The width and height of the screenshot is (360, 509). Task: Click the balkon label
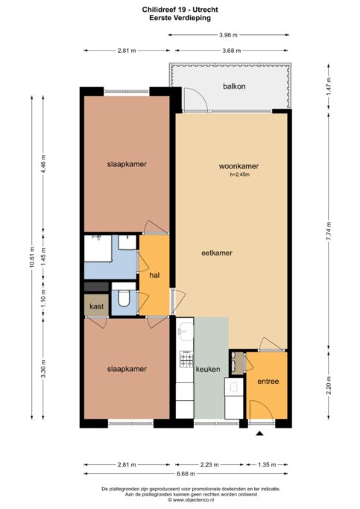[x=234, y=86]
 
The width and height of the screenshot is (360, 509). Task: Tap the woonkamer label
[x=239, y=166]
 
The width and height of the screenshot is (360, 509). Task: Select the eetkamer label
[x=217, y=253]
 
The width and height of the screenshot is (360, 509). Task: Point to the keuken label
[x=208, y=369]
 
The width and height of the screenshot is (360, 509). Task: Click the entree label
[x=268, y=382]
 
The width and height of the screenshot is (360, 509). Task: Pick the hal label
[x=154, y=275]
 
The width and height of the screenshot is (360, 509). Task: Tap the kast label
[x=96, y=306]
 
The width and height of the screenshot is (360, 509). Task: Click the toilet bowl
[x=124, y=297]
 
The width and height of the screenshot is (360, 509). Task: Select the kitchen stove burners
[x=186, y=359]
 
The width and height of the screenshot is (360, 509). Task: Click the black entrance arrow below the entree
[x=259, y=433]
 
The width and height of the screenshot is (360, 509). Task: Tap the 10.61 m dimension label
[x=32, y=257]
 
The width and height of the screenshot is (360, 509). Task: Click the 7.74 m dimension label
[x=329, y=231]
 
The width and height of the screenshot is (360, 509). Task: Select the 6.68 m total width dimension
[x=186, y=474]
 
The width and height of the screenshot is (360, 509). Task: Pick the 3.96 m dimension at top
[x=228, y=35]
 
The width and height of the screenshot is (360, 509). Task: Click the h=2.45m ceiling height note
[x=240, y=174]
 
